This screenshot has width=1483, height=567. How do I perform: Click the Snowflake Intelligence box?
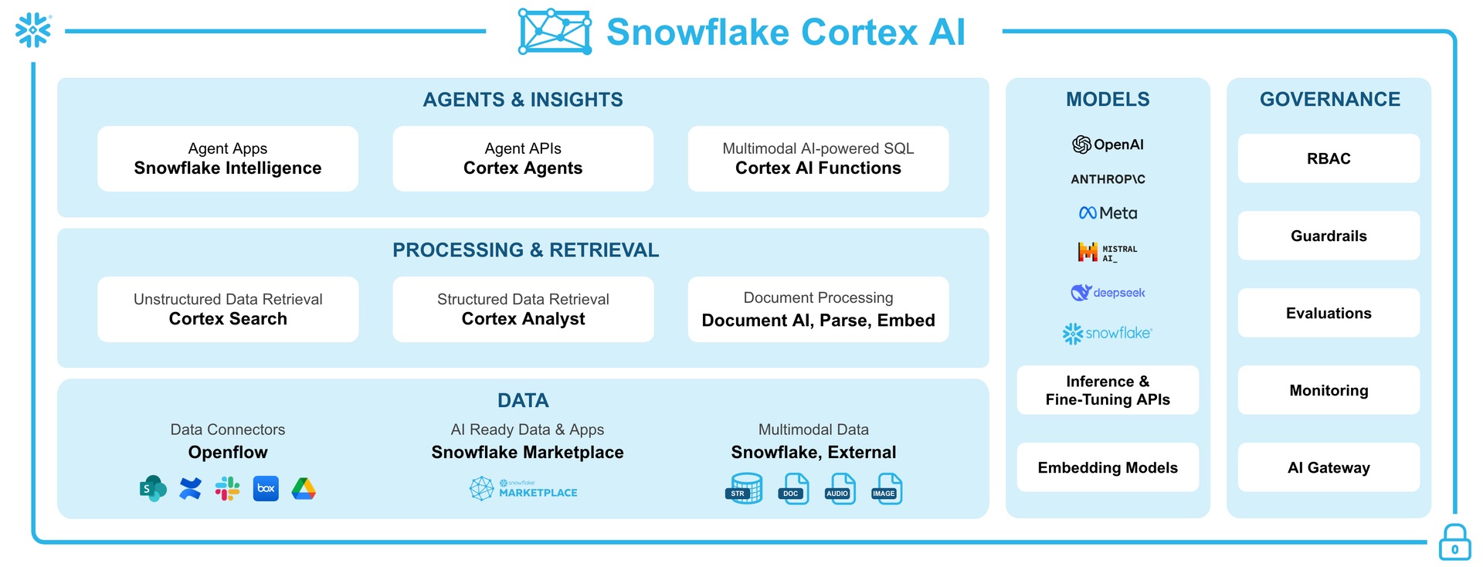[x=228, y=158]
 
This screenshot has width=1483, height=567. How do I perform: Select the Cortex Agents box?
[x=523, y=158]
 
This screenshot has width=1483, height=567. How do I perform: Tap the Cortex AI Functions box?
[x=818, y=158]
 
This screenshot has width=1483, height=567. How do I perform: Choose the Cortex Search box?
[x=228, y=309]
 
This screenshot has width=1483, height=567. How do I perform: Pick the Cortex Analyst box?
[x=523, y=309]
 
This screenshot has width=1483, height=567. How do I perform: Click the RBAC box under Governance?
[x=1329, y=158]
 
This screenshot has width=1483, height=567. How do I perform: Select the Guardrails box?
[x=1329, y=236]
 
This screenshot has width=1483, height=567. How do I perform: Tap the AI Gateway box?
[x=1329, y=467]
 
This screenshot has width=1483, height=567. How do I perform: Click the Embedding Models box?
[x=1108, y=467]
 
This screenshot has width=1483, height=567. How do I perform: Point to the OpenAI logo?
[x=1108, y=144]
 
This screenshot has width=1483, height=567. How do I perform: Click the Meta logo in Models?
[x=1108, y=212]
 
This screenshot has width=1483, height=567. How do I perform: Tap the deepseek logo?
[x=1108, y=293]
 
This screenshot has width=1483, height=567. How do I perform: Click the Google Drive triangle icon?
[x=304, y=489]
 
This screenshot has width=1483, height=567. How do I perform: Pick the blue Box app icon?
[x=266, y=488]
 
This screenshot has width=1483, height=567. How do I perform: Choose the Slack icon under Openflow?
[x=227, y=488]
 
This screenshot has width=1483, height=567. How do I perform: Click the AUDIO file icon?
[x=840, y=489]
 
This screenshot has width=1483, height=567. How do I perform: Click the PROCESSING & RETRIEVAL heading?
[x=525, y=250]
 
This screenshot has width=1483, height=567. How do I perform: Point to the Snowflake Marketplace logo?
[x=523, y=489]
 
